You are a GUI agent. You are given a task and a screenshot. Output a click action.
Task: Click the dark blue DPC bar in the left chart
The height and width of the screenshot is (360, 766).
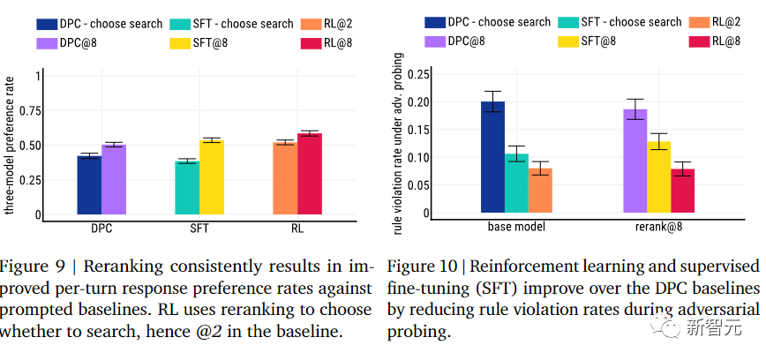pyautogui.click(x=89, y=184)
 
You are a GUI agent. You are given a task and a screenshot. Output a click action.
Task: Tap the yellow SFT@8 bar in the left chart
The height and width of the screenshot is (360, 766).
pyautogui.click(x=212, y=177)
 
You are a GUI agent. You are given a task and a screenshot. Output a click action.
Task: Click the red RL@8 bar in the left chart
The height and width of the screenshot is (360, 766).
pyautogui.click(x=310, y=174)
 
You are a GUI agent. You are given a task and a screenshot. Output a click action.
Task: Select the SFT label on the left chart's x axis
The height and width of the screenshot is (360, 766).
pyautogui.click(x=199, y=229)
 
